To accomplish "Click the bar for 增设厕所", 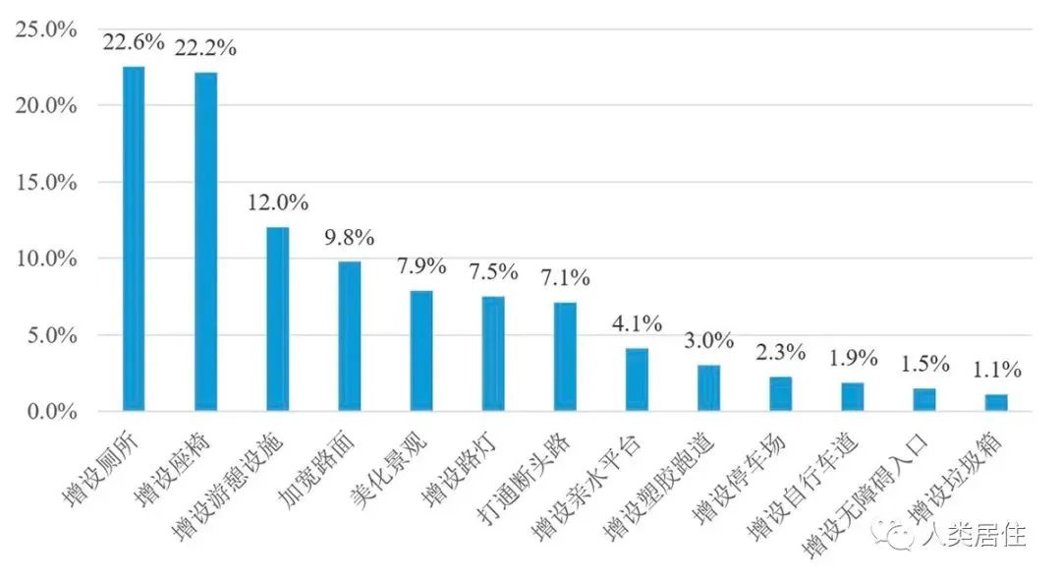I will click(x=133, y=239).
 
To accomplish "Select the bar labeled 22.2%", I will click(x=205, y=242).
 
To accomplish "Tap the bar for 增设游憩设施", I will click(x=278, y=319).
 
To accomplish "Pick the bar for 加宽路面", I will click(x=350, y=335).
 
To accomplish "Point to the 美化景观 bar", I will click(x=421, y=350).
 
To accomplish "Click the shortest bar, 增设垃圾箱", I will click(x=997, y=402).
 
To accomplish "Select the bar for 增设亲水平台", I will click(x=638, y=379).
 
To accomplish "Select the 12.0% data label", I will click(x=277, y=204).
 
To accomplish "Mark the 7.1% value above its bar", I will click(x=565, y=279).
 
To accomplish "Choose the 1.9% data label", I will click(x=853, y=359).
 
